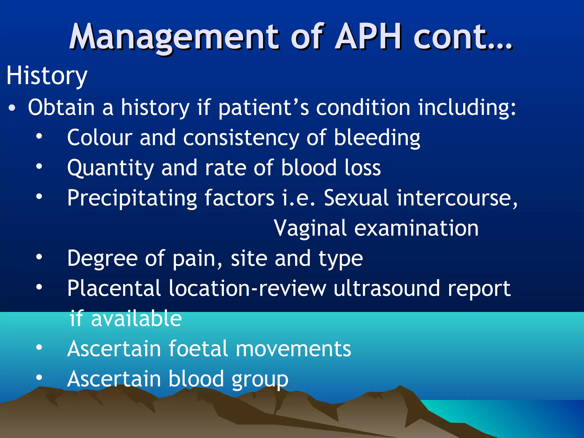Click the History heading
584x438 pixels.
47,76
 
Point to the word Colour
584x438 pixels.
100,138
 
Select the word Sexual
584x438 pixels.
356,198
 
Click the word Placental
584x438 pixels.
114,288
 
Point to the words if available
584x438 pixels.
126,319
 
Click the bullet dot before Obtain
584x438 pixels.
12,108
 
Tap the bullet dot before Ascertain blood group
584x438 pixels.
39,378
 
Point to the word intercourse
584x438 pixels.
457,198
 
